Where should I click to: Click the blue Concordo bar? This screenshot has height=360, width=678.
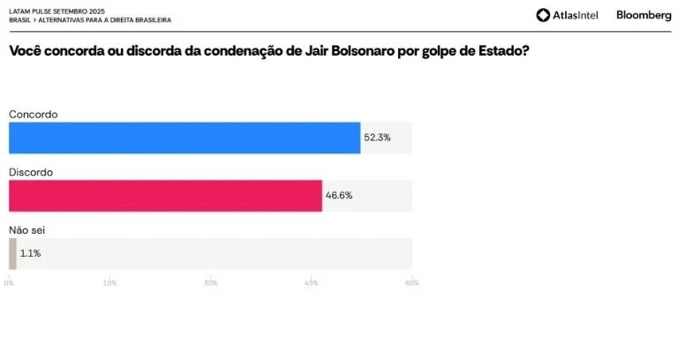tap(185, 138)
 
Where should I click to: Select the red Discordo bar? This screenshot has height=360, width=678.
tap(165, 195)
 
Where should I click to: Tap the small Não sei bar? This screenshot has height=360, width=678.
tap(12, 253)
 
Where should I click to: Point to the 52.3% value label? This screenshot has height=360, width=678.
tap(377, 138)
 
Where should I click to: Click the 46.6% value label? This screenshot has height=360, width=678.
tap(339, 195)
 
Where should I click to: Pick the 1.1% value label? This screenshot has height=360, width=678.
tap(31, 253)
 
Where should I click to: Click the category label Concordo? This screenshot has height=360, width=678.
tap(33, 114)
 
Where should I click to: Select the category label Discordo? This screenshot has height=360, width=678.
tap(32, 171)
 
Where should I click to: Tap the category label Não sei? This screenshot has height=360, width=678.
tap(26, 229)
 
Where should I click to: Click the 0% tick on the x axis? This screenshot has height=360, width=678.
tap(9, 283)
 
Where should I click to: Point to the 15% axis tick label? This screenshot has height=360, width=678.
tap(109, 283)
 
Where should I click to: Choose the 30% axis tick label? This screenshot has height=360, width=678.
tap(210, 283)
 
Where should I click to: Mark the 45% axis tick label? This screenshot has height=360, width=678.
tap(312, 283)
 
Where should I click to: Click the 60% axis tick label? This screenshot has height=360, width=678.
tap(411, 283)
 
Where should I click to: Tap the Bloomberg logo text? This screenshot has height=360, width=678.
tap(644, 15)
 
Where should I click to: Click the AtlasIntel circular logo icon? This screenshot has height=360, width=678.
tap(543, 15)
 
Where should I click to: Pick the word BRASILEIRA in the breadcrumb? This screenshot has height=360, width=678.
tap(149, 19)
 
